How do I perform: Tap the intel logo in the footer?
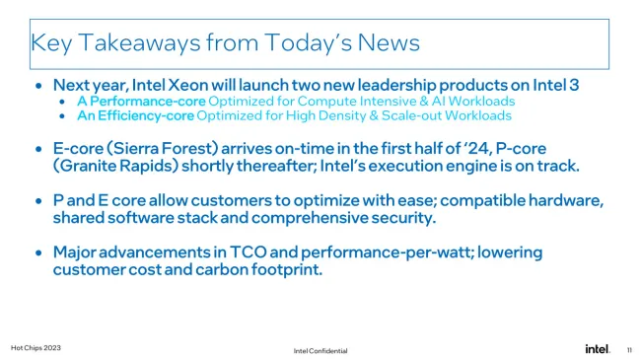(x=597, y=348)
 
